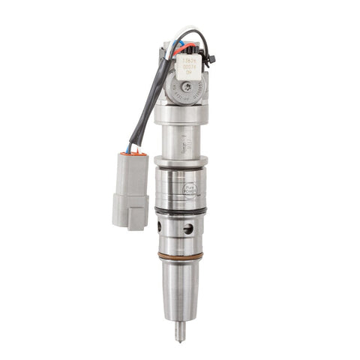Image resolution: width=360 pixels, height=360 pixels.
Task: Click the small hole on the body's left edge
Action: [x=160, y=226]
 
